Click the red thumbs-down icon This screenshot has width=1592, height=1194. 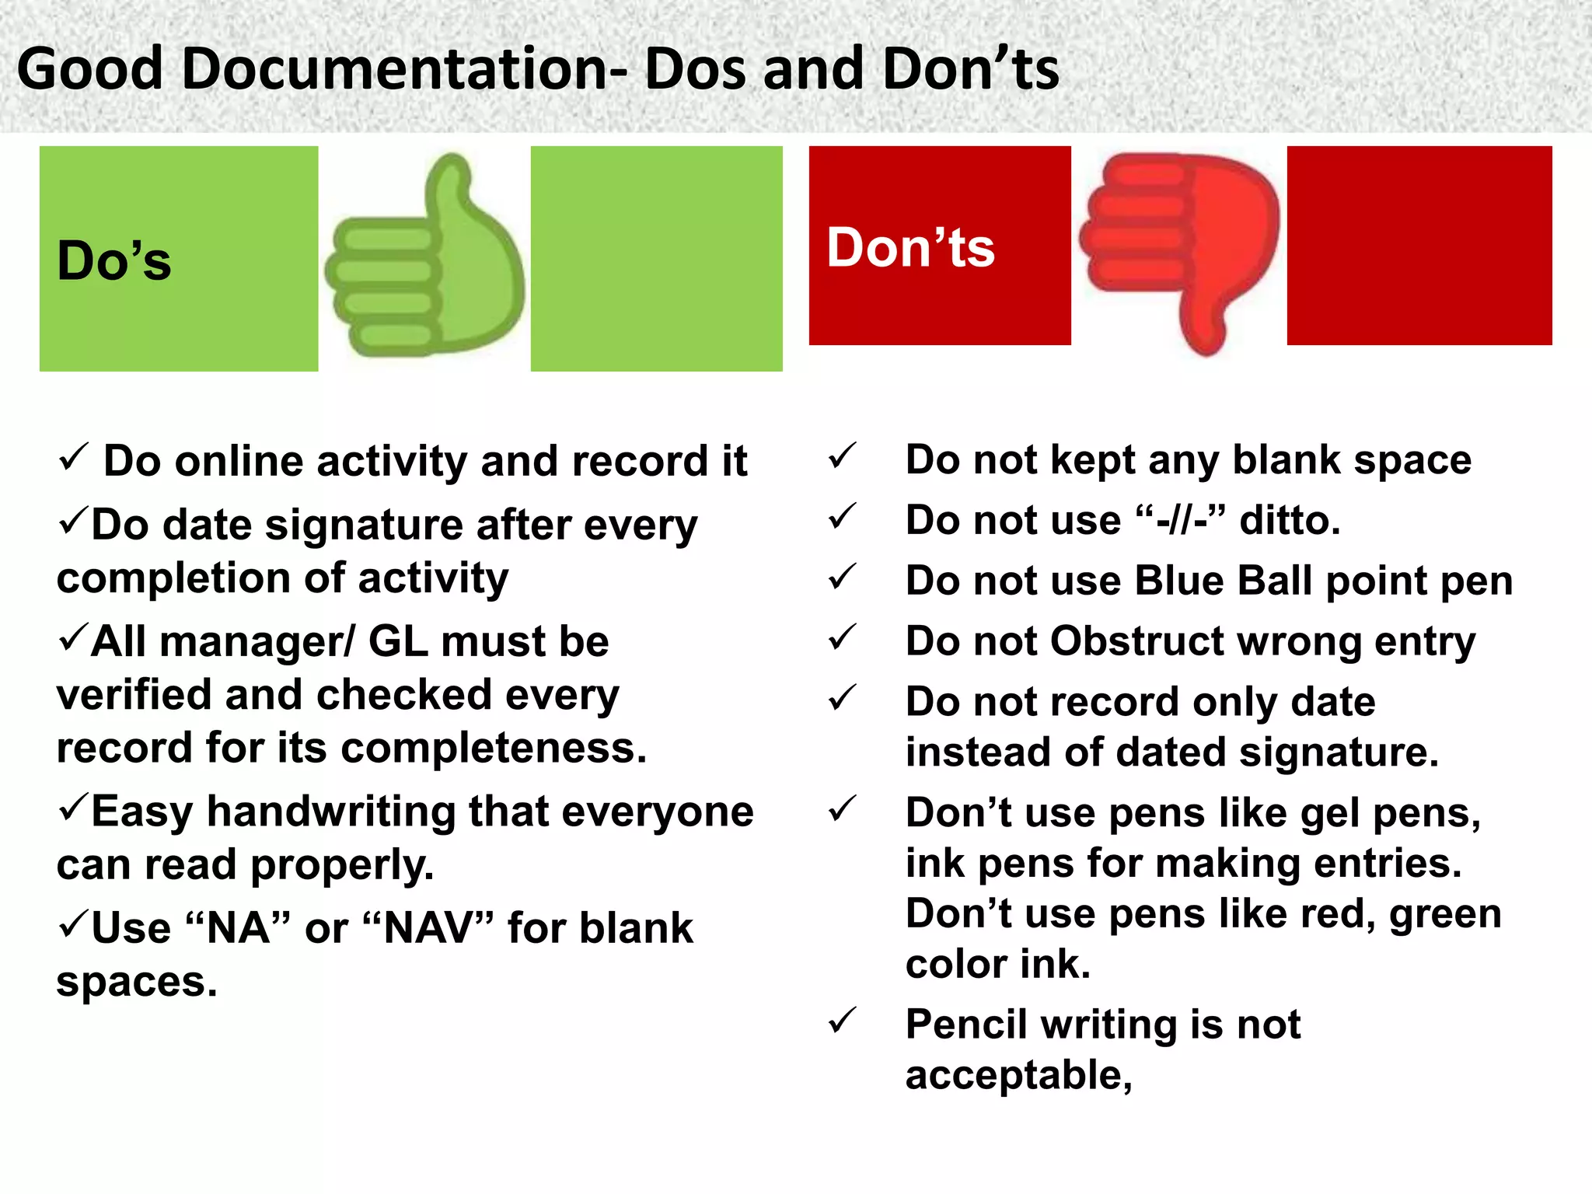point(1180,249)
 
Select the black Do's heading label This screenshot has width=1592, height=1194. point(114,260)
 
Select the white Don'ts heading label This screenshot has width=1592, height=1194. point(910,248)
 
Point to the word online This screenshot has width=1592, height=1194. point(239,462)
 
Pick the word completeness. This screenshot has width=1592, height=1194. point(493,749)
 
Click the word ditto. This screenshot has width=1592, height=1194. point(1290,520)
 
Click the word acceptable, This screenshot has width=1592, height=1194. point(1018,1077)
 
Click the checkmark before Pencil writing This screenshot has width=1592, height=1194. point(842,1021)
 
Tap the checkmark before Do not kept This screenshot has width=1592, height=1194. point(842,456)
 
